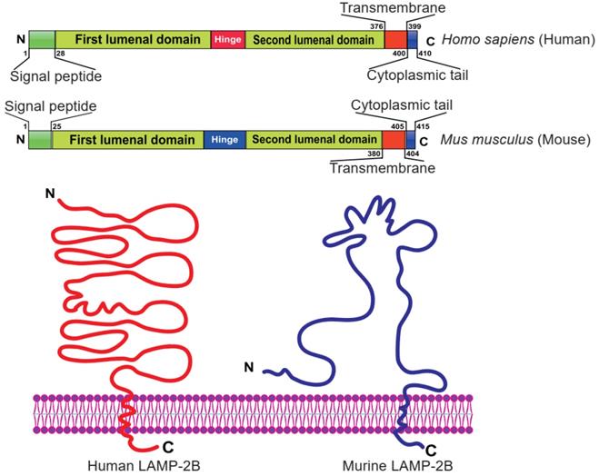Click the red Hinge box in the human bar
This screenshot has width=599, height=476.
click(x=227, y=40)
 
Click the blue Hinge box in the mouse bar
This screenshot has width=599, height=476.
click(x=224, y=140)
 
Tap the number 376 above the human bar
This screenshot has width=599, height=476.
click(x=375, y=26)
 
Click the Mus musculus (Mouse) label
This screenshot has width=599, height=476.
click(x=514, y=140)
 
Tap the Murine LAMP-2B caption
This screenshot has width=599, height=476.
click(x=392, y=465)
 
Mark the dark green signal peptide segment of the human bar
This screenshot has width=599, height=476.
click(x=41, y=40)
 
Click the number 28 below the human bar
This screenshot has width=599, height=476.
click(x=60, y=55)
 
